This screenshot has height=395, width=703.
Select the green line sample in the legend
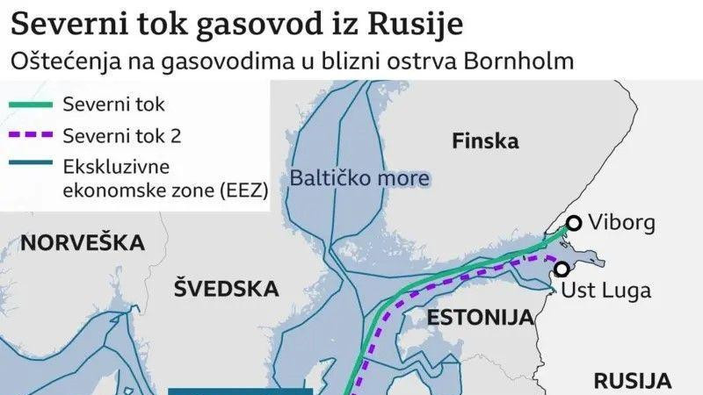point(29,104)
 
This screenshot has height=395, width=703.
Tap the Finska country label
point(484,140)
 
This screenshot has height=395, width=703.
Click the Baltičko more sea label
point(359,179)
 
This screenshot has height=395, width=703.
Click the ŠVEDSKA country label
point(226,288)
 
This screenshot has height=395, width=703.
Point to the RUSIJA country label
point(633,380)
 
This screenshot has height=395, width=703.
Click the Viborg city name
point(622,223)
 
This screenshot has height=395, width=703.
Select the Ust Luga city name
point(605,291)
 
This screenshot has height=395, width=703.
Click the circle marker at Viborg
point(574,223)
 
